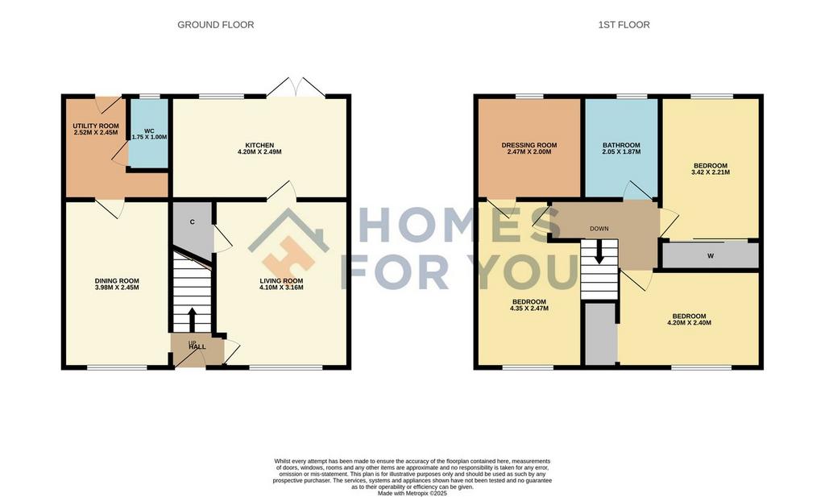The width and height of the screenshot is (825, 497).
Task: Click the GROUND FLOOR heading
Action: point(215,25)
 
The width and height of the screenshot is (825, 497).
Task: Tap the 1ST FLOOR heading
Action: point(624,25)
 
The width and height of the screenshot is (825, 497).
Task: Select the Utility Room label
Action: point(95,126)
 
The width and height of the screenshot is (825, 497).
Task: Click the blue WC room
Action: point(149,134)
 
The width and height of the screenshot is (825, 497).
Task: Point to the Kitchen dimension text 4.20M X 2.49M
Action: point(259,152)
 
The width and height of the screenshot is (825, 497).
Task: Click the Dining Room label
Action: point(117,281)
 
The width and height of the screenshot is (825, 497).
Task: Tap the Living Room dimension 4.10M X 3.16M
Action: point(281,288)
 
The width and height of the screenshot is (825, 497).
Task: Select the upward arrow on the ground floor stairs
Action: point(192,318)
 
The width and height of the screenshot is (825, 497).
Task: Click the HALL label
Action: point(197,347)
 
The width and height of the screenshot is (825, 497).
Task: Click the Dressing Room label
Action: point(529,145)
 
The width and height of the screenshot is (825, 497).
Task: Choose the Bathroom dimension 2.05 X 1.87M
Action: point(621,152)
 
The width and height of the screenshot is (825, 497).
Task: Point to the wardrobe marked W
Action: point(710,255)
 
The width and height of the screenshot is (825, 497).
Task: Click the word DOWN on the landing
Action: point(599,229)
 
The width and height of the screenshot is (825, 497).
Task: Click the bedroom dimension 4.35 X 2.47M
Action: point(529,309)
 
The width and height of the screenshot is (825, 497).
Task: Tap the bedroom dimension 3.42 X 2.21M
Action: point(711,172)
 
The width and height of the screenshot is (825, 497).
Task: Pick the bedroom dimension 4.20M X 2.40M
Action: point(689,323)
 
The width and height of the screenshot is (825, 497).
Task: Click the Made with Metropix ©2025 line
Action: point(412,494)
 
